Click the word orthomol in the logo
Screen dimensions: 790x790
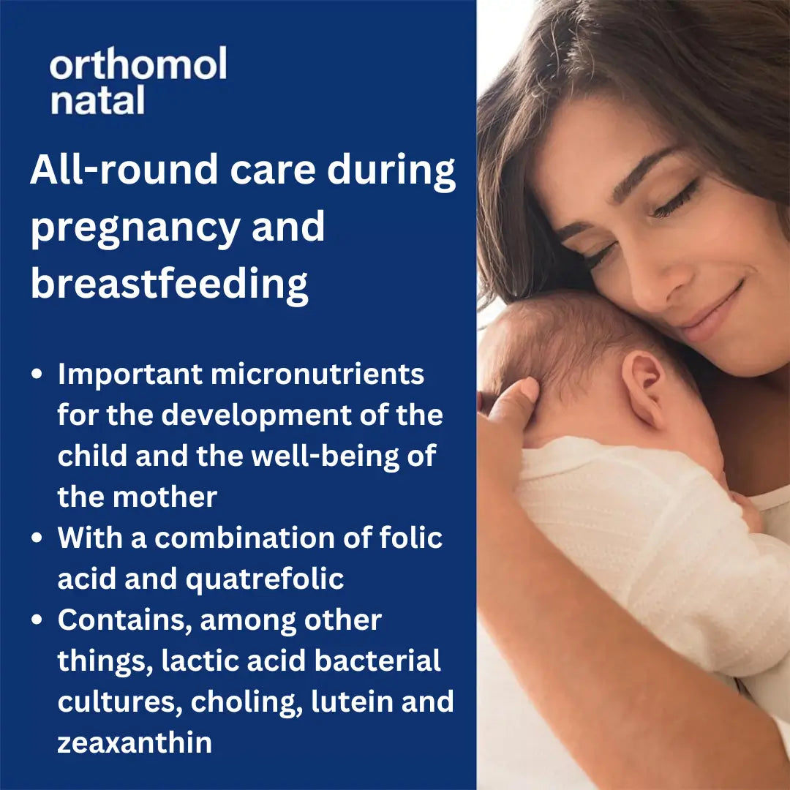[x=138, y=66]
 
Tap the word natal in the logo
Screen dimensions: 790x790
[x=97, y=101]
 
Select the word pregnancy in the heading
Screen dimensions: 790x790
[x=135, y=228]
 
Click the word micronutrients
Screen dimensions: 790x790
[x=317, y=374]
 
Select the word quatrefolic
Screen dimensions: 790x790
[x=265, y=579]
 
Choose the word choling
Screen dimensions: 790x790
[x=247, y=701]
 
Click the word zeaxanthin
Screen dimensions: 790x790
[x=135, y=742]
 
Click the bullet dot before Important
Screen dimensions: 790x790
[x=37, y=375]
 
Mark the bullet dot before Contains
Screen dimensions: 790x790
[x=37, y=620]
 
